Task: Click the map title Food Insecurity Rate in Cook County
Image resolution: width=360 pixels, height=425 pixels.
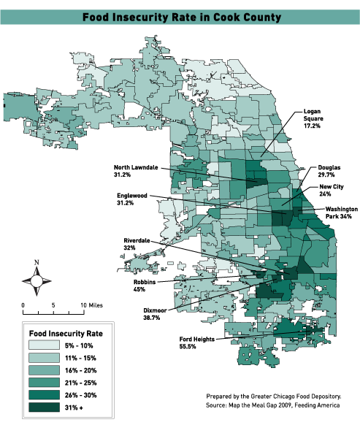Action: point(180,15)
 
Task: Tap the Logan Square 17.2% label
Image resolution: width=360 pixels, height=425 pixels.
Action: point(315,119)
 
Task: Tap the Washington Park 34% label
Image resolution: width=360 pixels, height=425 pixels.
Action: point(337,212)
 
